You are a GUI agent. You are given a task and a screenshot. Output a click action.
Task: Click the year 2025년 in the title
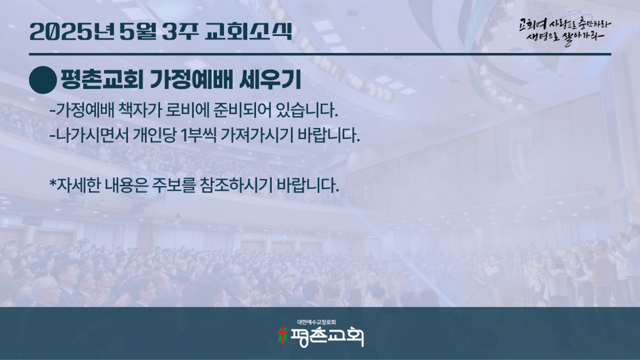pyautogui.click(x=72, y=31)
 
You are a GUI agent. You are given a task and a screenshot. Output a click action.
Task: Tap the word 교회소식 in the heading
pyautogui.click(x=248, y=31)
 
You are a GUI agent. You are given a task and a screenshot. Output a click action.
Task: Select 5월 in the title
pyautogui.click(x=137, y=31)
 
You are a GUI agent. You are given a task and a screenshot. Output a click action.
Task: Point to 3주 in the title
pyautogui.click(x=180, y=31)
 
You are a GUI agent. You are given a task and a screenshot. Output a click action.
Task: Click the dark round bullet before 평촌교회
pyautogui.click(x=43, y=80)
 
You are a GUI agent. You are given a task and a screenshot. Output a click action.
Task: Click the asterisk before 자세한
pyautogui.click(x=52, y=183)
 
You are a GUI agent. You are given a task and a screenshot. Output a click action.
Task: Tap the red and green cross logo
pyautogui.click(x=282, y=336)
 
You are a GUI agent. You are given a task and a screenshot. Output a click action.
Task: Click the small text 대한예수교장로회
pyautogui.click(x=317, y=322)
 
